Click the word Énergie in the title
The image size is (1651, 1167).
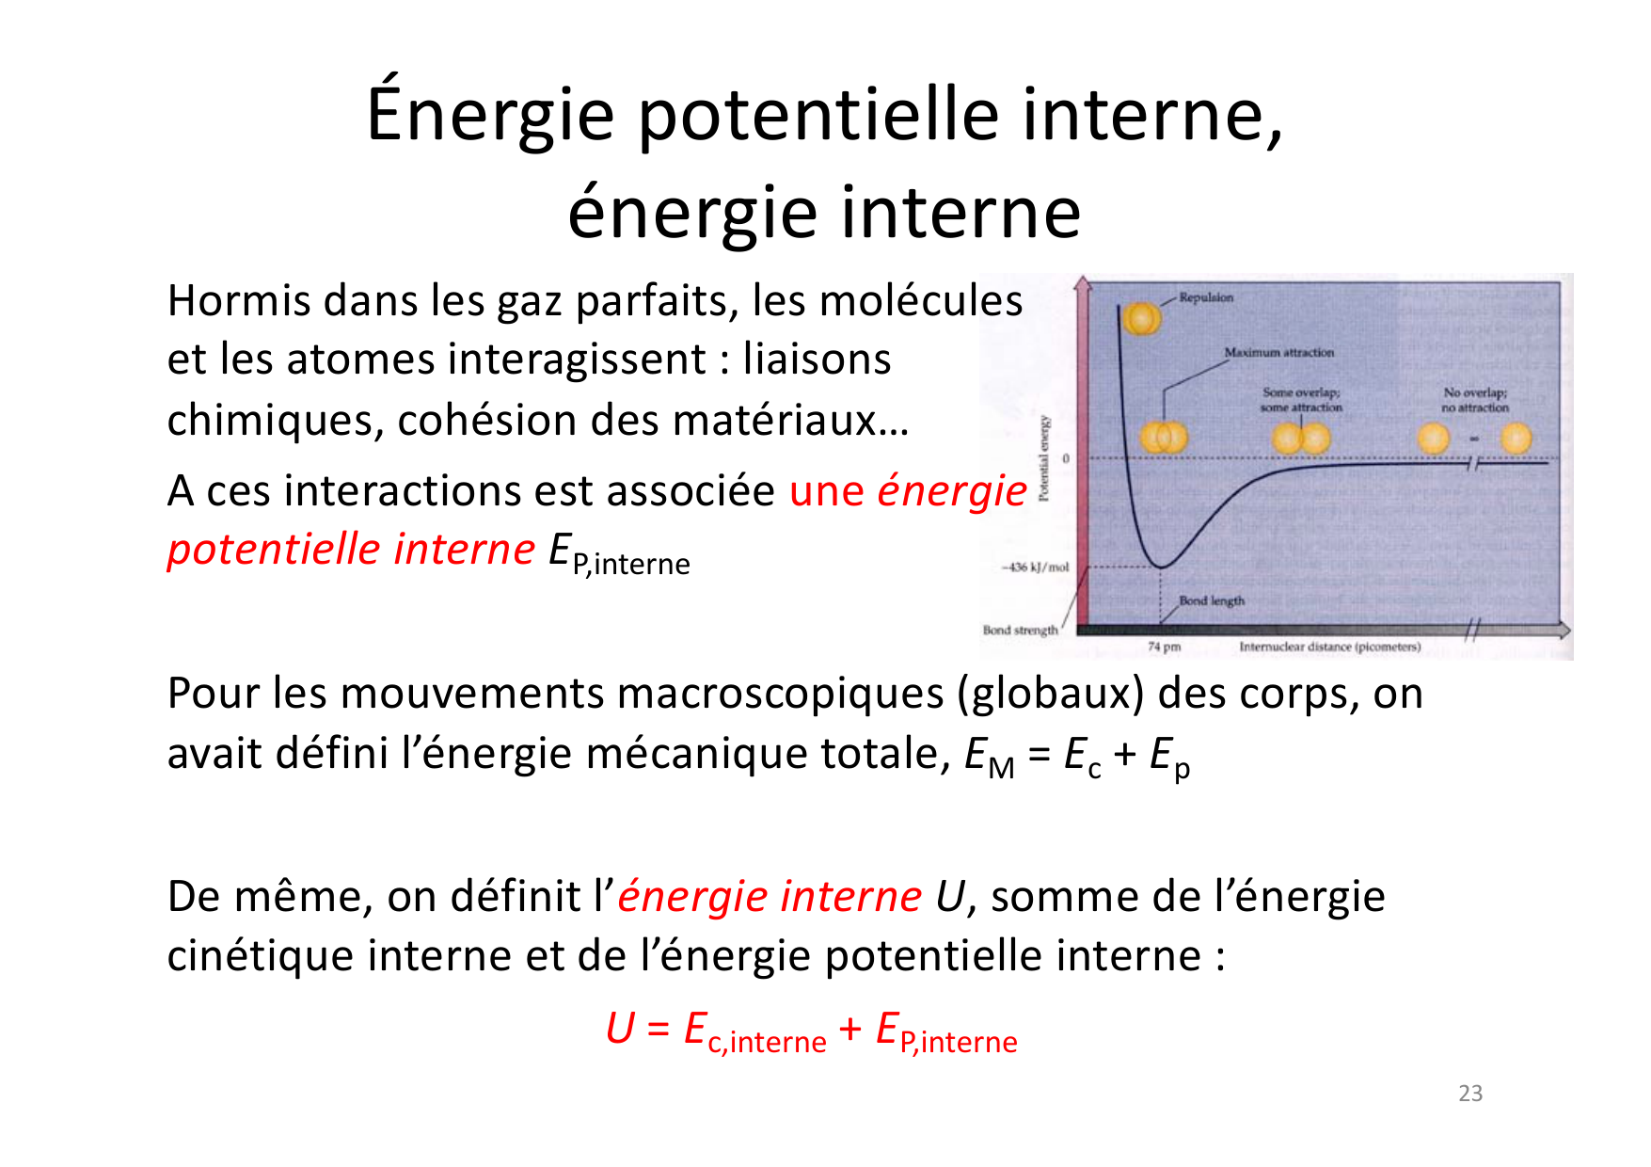point(489,114)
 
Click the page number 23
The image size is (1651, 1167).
point(1470,1094)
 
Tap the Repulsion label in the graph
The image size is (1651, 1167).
point(1206,297)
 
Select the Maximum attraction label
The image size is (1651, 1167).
point(1278,352)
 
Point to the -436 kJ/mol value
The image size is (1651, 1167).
point(1036,568)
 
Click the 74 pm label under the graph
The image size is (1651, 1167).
point(1164,647)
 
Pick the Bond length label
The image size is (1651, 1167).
point(1212,600)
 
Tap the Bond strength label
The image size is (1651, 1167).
point(1020,630)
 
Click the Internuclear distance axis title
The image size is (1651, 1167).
point(1329,647)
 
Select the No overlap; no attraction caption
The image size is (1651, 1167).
point(1475,400)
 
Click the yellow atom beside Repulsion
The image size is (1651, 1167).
point(1142,319)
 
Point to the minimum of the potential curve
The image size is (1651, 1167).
point(1163,567)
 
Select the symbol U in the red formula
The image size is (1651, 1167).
point(621,1028)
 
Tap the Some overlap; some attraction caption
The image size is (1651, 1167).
point(1301,400)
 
